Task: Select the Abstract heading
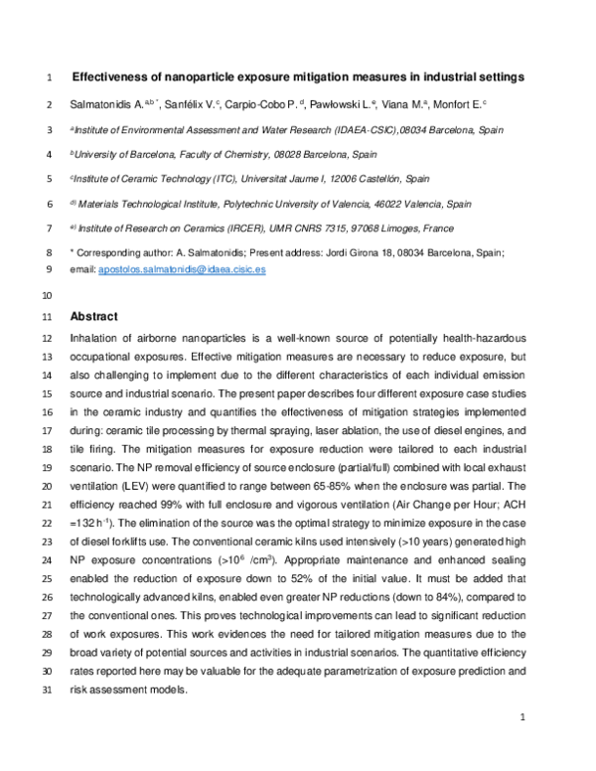[x=93, y=317]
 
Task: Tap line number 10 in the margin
[x=47, y=295]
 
